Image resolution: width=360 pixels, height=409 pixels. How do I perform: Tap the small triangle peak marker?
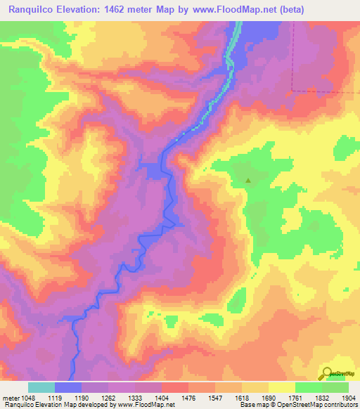pos(247,180)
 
